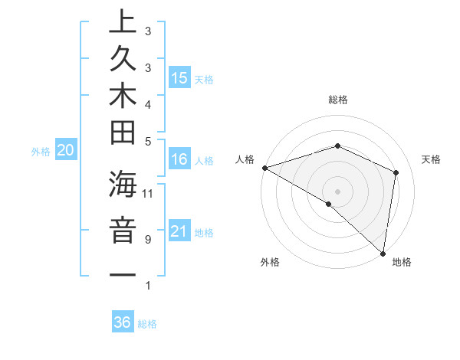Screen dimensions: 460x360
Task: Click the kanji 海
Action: tap(123, 186)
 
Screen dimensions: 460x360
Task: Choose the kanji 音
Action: tap(123, 231)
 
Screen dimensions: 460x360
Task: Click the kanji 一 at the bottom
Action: tap(123, 276)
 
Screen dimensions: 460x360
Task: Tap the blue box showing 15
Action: tap(179, 77)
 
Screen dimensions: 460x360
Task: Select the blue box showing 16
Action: tap(179, 159)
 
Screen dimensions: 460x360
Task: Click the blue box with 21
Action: tap(179, 231)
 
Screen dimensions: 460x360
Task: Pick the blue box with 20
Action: tap(66, 151)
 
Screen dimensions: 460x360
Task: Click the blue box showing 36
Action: tap(122, 322)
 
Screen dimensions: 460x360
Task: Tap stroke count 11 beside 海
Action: tap(148, 192)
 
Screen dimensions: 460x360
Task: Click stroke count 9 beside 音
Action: tap(147, 239)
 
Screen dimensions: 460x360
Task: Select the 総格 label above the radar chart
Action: tap(337, 100)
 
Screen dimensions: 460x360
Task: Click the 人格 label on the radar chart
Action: tap(245, 159)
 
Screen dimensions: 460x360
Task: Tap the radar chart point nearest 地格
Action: tap(383, 252)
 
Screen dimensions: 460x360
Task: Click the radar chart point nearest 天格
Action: tap(396, 172)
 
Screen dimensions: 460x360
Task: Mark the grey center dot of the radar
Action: tap(337, 191)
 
